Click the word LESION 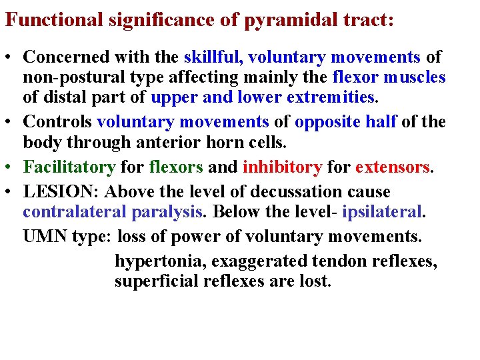pyautogui.click(x=59, y=191)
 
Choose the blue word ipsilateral pyautogui.click(x=383, y=211)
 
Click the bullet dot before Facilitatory pyautogui.click(x=11, y=166)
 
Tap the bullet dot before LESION pyautogui.click(x=11, y=192)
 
